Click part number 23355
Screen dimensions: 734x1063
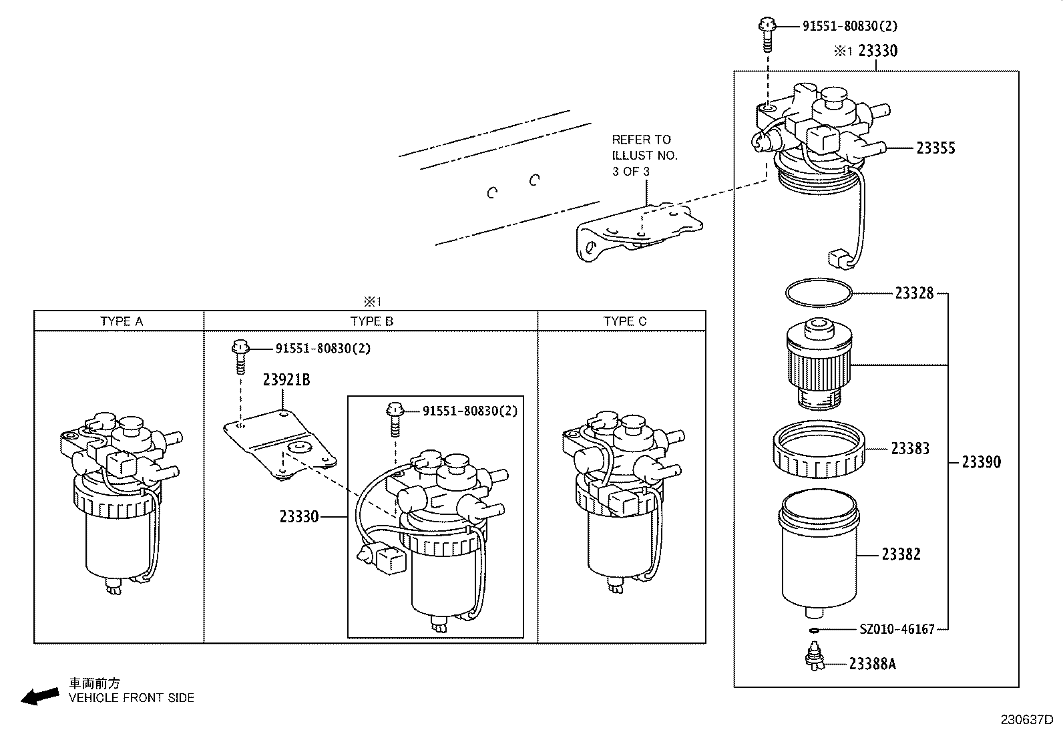(x=935, y=148)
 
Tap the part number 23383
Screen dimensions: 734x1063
(x=910, y=449)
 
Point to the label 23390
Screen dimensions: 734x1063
(x=981, y=462)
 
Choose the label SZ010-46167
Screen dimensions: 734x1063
(x=897, y=629)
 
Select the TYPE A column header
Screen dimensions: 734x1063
(x=122, y=321)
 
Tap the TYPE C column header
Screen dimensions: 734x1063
(x=625, y=321)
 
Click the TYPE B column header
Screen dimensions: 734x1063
(x=372, y=321)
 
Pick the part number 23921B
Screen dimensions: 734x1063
(x=286, y=380)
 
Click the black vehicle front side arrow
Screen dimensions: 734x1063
(x=39, y=697)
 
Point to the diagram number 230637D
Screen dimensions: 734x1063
(x=1026, y=720)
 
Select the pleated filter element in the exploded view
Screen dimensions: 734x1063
(x=818, y=364)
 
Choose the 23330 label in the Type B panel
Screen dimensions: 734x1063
(x=299, y=516)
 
